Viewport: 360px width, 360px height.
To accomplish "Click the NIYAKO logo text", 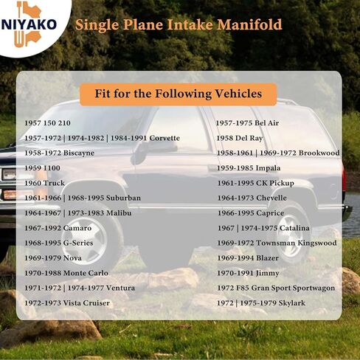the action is (x=29, y=24).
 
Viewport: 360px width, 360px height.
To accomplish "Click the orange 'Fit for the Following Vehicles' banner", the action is (x=179, y=94).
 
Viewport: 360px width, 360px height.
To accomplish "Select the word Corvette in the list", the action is (x=165, y=138).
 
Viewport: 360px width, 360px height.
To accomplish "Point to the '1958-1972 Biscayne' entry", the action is (x=59, y=153).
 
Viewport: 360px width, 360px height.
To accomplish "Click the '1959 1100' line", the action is (x=42, y=168).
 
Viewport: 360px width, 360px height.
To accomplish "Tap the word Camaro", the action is (x=77, y=228).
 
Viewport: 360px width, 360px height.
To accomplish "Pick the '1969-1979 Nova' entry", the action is (x=53, y=258).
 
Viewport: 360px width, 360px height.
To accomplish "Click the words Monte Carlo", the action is (x=86, y=273).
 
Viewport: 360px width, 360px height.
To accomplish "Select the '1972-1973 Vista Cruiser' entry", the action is (x=67, y=303).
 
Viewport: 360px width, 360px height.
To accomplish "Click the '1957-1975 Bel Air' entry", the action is (x=247, y=123).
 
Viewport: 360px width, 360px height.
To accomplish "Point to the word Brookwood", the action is (x=319, y=153).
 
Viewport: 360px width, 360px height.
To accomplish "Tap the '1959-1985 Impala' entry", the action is (x=249, y=168).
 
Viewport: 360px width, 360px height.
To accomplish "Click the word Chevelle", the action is (x=271, y=198).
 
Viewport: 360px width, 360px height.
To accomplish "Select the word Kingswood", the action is (x=317, y=243).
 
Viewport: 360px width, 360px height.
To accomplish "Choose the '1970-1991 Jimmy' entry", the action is (x=248, y=273).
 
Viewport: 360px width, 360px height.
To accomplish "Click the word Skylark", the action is (x=292, y=303).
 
